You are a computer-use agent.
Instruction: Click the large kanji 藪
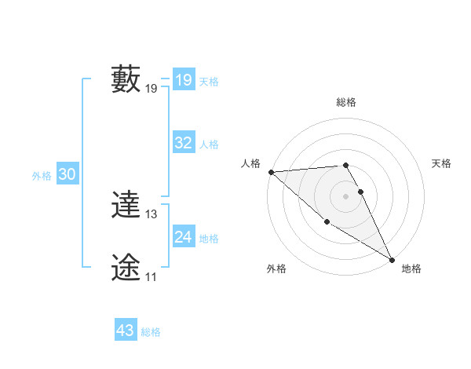click(x=126, y=79)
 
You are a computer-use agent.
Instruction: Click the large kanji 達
click(x=126, y=206)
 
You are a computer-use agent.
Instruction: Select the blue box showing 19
click(x=183, y=80)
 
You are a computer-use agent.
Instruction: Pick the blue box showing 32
click(x=183, y=143)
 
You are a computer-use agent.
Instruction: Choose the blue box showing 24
click(x=183, y=237)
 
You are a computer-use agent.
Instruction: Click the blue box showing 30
click(x=67, y=175)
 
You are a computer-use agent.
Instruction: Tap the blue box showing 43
click(x=126, y=331)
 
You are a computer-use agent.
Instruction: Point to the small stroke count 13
click(x=152, y=214)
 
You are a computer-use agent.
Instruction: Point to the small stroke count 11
click(x=151, y=277)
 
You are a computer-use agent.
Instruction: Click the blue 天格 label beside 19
click(x=209, y=82)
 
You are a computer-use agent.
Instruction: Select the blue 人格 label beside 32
click(x=209, y=144)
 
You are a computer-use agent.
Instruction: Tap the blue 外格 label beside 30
click(x=42, y=177)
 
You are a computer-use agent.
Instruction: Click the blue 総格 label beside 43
click(x=151, y=332)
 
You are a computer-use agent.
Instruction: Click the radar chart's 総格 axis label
click(x=346, y=102)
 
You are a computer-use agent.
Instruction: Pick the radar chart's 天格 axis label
click(x=441, y=163)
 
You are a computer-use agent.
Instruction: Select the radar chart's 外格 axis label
click(x=276, y=269)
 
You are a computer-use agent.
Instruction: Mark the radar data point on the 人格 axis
click(x=271, y=172)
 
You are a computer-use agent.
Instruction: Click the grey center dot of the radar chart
click(x=346, y=195)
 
